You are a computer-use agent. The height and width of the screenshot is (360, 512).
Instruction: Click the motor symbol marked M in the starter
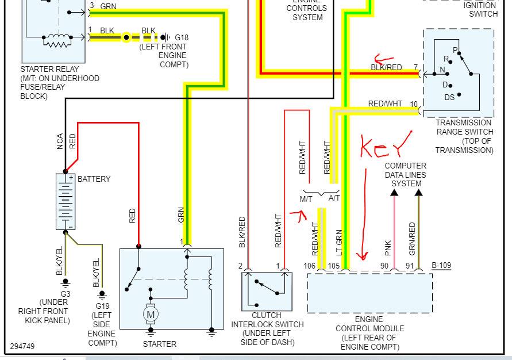[151, 314]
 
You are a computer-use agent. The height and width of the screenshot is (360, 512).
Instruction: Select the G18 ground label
[182, 38]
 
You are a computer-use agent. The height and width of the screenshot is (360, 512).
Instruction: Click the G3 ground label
[65, 293]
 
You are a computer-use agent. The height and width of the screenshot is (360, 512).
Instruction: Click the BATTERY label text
[94, 179]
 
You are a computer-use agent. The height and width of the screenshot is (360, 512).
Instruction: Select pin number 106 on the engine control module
[310, 265]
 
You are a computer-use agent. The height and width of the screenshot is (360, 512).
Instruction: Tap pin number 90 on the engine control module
[384, 265]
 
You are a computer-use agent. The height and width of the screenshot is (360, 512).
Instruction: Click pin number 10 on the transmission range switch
[414, 104]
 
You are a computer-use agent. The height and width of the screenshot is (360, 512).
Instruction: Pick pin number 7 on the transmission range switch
[415, 67]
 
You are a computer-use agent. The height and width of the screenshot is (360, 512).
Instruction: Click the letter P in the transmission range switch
[456, 50]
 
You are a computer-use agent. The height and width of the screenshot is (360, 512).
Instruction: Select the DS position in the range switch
[449, 97]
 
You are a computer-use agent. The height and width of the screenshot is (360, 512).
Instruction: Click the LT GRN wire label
[339, 242]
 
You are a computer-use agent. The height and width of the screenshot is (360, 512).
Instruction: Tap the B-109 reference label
[441, 265]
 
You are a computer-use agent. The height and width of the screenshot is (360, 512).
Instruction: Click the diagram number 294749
[23, 347]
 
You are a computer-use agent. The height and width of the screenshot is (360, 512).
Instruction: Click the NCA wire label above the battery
[60, 141]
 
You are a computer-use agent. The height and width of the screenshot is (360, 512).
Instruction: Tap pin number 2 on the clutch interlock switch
[241, 265]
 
